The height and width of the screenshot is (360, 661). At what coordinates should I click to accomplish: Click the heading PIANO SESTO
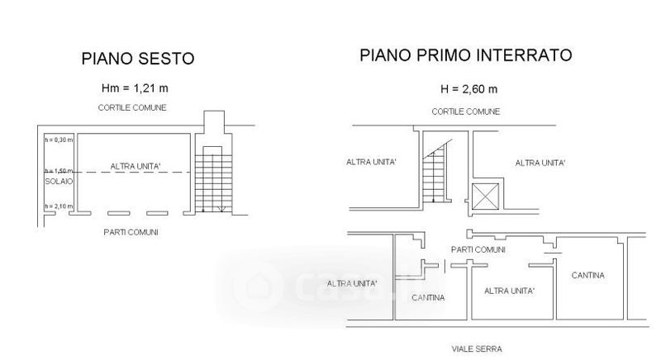tap(138, 59)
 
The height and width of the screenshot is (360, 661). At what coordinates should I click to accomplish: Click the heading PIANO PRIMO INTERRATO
tap(465, 55)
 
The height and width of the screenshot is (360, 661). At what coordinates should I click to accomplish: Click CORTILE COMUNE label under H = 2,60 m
tap(465, 110)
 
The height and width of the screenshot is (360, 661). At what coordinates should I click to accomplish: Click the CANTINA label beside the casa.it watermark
tap(428, 297)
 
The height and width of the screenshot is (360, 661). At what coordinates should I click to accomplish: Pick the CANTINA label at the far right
tap(587, 274)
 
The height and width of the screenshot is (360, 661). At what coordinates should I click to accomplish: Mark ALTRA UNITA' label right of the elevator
tap(540, 163)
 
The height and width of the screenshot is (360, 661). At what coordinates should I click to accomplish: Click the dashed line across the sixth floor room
tap(132, 172)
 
